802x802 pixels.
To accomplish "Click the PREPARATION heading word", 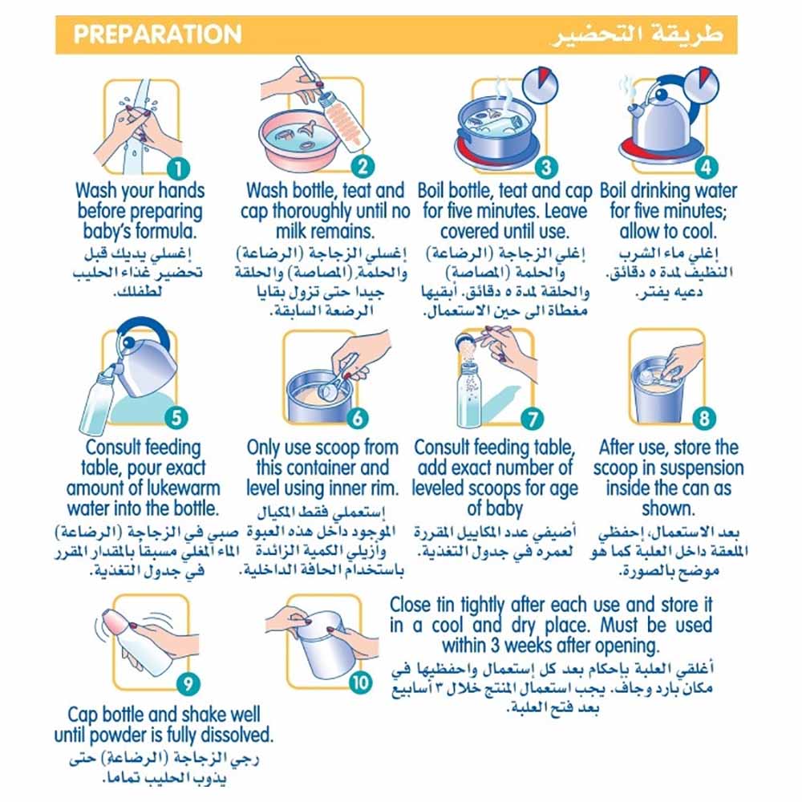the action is click(157, 34).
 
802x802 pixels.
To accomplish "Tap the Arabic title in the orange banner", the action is click(637, 34).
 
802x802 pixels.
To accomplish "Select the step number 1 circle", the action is click(179, 168).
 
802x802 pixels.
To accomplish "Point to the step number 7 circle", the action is click(533, 419).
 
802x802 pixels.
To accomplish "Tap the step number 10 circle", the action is click(360, 683).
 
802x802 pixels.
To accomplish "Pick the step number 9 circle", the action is click(188, 683).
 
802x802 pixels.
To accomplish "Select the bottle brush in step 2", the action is click(342, 123).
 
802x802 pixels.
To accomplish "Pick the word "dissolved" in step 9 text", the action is click(238, 735).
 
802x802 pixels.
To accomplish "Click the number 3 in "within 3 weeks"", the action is click(495, 645).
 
